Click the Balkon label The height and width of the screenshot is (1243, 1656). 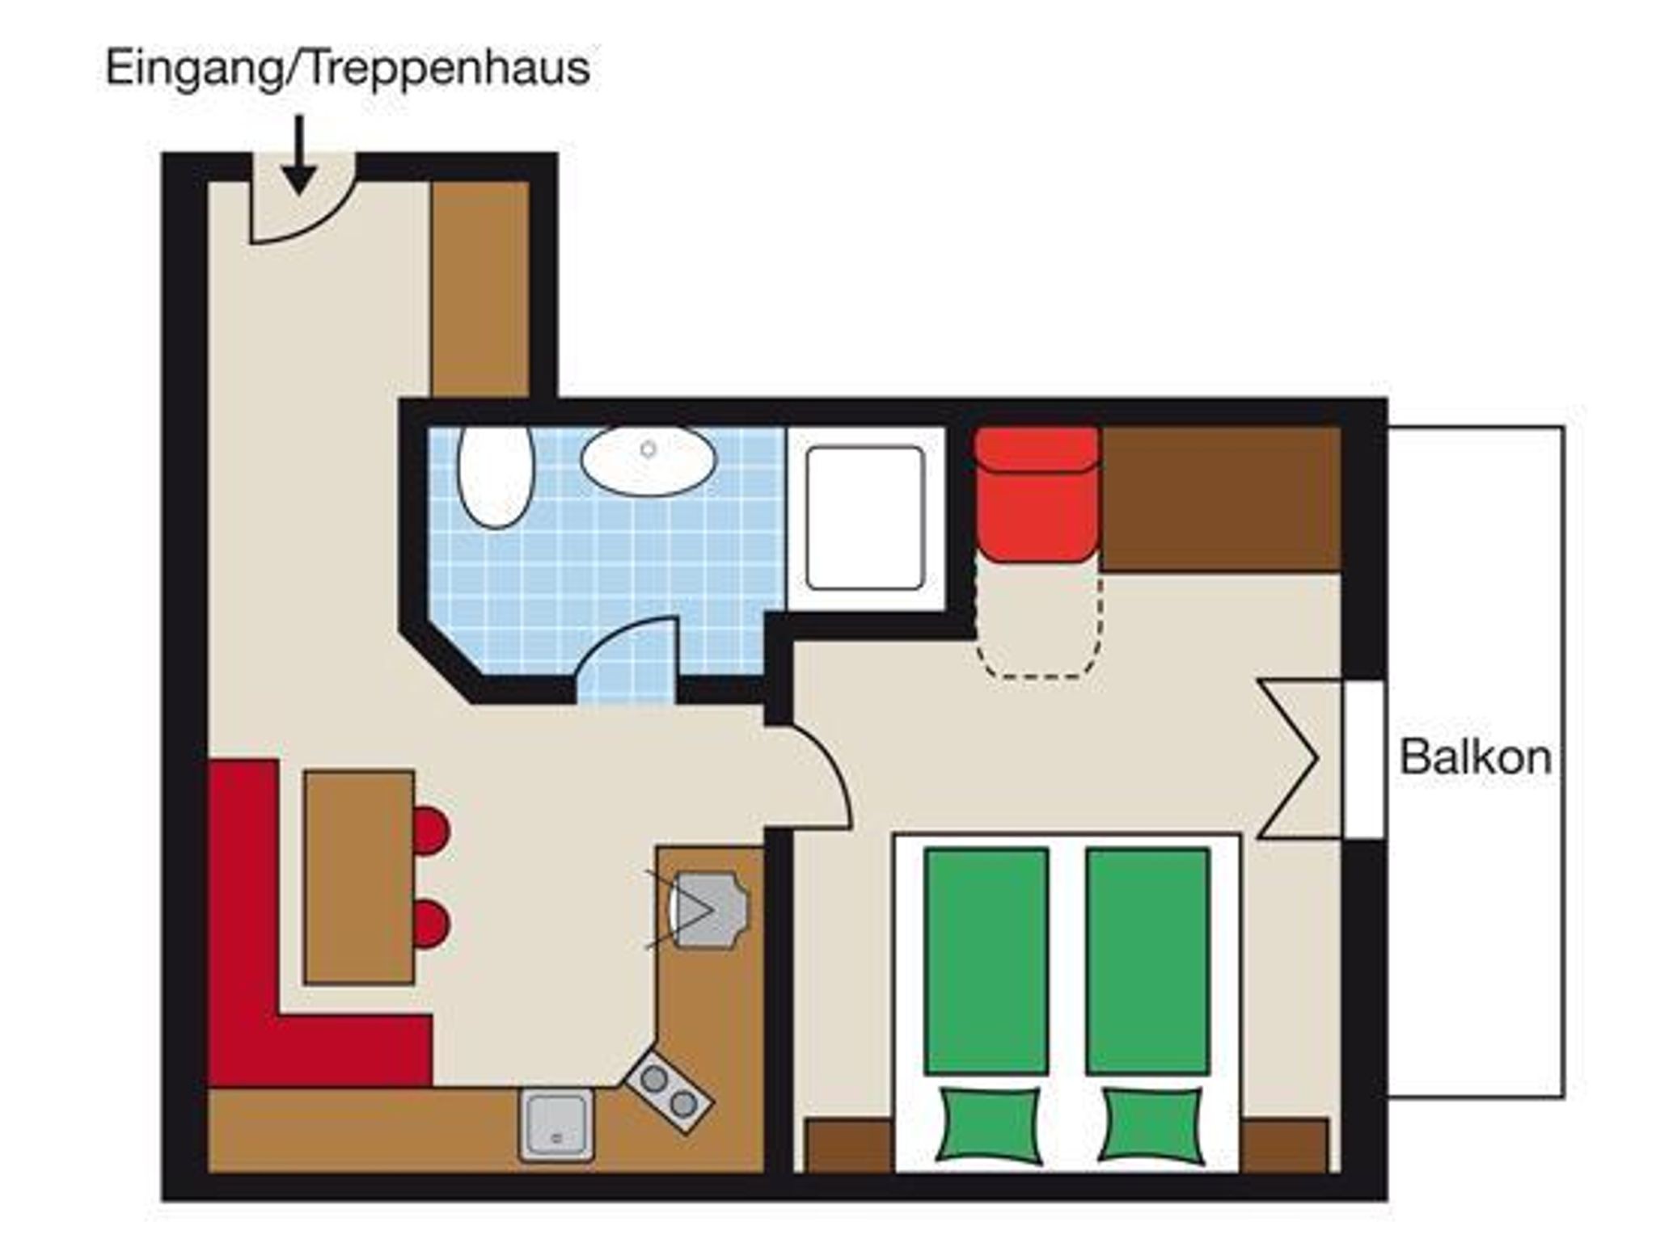pos(1475,757)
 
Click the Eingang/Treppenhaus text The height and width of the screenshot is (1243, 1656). pos(348,68)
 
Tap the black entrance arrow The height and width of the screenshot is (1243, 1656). pos(299,154)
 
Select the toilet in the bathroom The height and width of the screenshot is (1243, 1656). pos(496,477)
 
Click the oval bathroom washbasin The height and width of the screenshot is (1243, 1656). pos(648,461)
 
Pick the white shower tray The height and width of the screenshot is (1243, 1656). pos(865,518)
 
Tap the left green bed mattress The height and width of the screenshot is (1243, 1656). pos(986,961)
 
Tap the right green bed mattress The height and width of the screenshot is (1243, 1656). pos(1148,961)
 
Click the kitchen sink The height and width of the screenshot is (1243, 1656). pos(556,1124)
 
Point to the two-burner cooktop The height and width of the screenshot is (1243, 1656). pos(670,1090)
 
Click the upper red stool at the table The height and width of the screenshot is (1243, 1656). pos(430,830)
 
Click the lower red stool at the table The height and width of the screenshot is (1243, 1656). pos(430,923)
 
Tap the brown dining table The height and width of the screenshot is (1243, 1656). pos(359,877)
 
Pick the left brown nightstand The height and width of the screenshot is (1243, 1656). pos(850,1145)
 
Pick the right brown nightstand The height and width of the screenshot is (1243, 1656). pos(1285,1145)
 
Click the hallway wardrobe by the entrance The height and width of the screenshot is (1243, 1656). pos(480,289)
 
